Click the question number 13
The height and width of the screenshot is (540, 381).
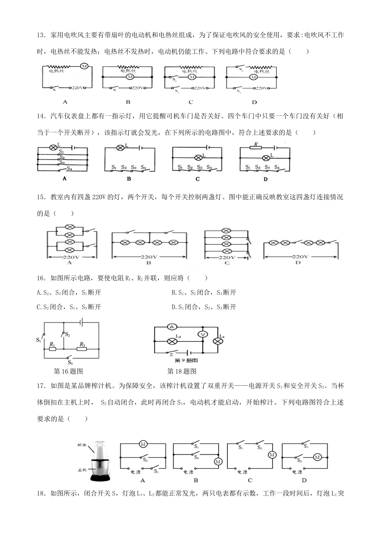41,35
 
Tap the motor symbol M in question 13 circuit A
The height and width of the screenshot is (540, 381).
84,66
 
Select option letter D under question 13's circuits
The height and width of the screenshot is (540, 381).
254,102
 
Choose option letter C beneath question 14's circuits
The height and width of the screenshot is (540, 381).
197,179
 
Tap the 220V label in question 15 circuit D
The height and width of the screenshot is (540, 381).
300,256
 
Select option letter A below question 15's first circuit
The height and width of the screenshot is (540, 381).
69,262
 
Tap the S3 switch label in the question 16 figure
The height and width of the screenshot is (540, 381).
70,362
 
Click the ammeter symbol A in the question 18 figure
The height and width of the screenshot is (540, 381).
172,327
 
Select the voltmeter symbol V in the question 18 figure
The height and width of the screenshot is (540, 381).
203,334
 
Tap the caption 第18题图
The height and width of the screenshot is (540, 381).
182,371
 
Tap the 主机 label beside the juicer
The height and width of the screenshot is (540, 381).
83,469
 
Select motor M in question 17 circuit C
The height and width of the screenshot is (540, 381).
272,454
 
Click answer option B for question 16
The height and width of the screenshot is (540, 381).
204,292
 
